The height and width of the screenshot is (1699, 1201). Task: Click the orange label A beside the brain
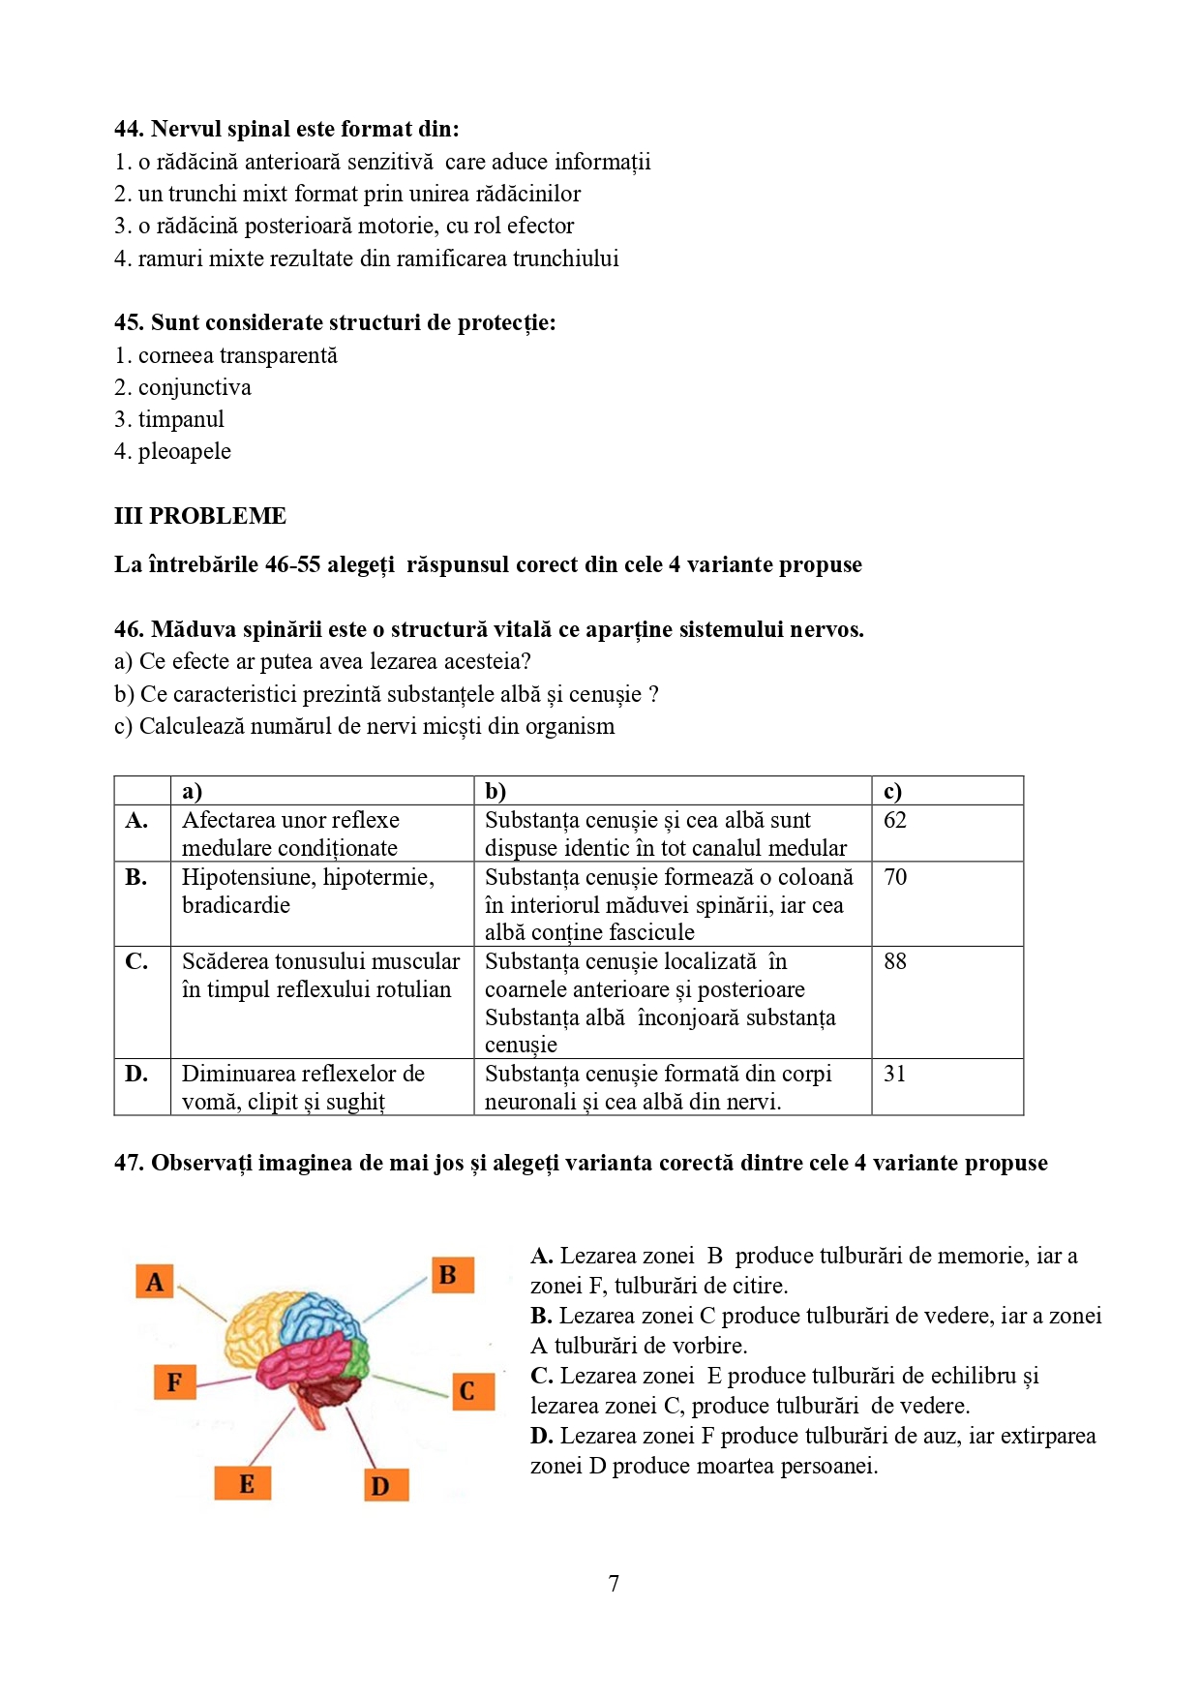(x=155, y=1282)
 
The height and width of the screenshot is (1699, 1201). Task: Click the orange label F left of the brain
(x=174, y=1381)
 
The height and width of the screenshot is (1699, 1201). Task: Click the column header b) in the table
(x=495, y=791)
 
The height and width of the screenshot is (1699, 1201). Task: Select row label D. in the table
(x=136, y=1075)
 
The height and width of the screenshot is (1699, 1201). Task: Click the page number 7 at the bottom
(x=614, y=1584)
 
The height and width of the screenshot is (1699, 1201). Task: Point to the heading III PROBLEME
(x=200, y=516)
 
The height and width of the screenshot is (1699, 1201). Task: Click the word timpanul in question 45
(x=181, y=420)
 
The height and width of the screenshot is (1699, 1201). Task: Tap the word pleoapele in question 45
(x=185, y=452)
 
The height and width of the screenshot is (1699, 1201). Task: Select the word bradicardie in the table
(x=236, y=906)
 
